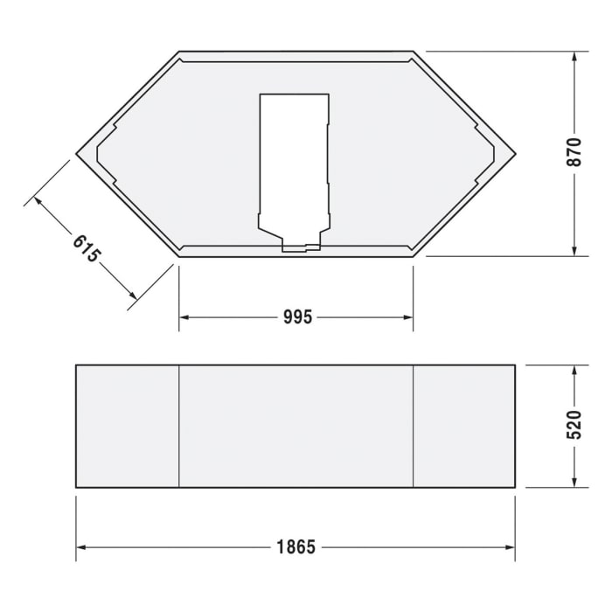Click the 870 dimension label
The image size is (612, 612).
coord(574,154)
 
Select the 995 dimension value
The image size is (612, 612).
coord(297,317)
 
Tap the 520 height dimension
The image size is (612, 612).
coord(574,426)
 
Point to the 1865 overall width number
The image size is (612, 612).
coord(296,547)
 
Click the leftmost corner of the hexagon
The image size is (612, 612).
coord(77,154)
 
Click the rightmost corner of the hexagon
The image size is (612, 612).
coord(515,154)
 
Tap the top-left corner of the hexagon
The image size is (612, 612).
coord(180,52)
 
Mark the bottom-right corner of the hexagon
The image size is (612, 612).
coord(413,256)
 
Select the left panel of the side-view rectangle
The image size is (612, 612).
coord(128,426)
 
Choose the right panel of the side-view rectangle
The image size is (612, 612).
coord(463,426)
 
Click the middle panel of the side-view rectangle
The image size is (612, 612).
coord(296,426)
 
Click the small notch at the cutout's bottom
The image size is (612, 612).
coord(302,247)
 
